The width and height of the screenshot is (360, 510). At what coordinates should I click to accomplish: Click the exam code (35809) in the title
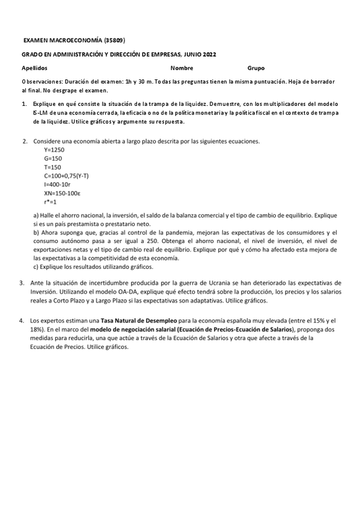click(x=114, y=40)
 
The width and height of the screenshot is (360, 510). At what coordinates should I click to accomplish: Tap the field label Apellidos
click(x=34, y=68)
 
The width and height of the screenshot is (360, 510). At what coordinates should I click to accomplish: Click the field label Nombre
click(x=182, y=68)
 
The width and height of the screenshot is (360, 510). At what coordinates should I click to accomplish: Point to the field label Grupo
click(x=255, y=68)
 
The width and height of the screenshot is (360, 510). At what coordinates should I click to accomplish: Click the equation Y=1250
click(x=54, y=150)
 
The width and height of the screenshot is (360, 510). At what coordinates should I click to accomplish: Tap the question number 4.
click(x=22, y=321)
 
